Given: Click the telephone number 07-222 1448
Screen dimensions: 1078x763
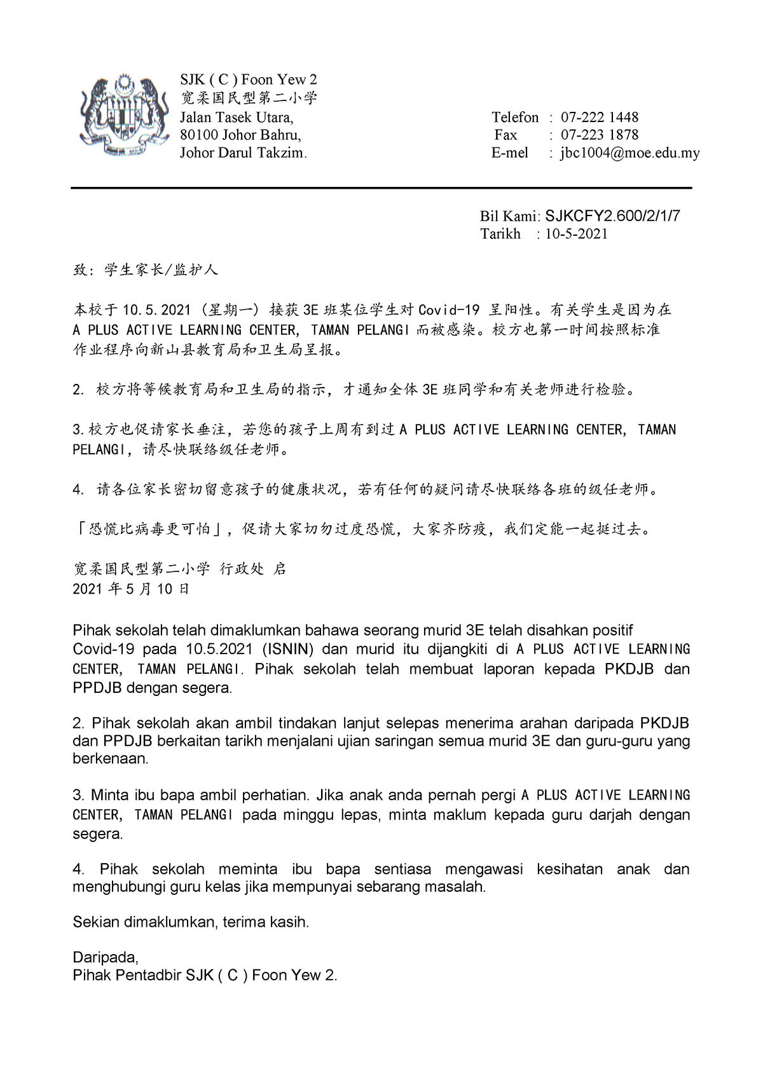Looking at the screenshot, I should pyautogui.click(x=599, y=118).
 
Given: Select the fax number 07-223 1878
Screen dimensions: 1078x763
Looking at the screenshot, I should pyautogui.click(x=599, y=135).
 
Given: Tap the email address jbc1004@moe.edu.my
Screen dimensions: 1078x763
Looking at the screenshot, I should pyautogui.click(x=629, y=153).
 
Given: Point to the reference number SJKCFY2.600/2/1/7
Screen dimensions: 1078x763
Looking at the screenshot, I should pyautogui.click(x=612, y=216).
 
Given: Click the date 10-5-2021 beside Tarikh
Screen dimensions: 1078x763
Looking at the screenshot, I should pyautogui.click(x=576, y=234).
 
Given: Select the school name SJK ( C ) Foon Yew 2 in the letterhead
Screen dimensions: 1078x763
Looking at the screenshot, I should pyautogui.click(x=248, y=80).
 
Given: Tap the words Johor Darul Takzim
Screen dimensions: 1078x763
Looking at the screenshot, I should pyautogui.click(x=243, y=153).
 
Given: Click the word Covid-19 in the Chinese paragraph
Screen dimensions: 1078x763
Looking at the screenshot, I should pyautogui.click(x=448, y=310).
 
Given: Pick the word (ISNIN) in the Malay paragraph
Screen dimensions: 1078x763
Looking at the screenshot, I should pyautogui.click(x=288, y=650).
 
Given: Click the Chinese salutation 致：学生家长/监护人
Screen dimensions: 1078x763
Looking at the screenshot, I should pyautogui.click(x=146, y=270).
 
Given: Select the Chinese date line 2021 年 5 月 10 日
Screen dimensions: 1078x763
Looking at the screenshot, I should pyautogui.click(x=131, y=589).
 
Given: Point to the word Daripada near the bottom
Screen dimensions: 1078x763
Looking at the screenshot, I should pyautogui.click(x=105, y=957).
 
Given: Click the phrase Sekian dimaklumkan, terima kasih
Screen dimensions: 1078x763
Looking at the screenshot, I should pyautogui.click(x=191, y=922).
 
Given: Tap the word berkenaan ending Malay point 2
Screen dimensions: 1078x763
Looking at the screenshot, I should pyautogui.click(x=110, y=759).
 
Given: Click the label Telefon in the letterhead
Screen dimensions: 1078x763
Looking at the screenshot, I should pyautogui.click(x=514, y=118).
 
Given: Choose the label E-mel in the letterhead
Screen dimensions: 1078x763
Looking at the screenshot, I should pyautogui.click(x=509, y=153).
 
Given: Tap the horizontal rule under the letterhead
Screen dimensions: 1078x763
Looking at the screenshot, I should pyautogui.click(x=381, y=188).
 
